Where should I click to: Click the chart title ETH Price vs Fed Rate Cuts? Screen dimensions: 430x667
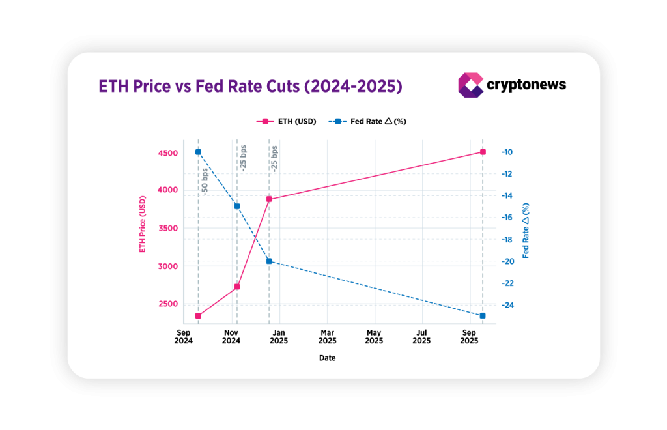tap(249, 86)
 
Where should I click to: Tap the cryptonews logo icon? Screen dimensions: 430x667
tap(470, 85)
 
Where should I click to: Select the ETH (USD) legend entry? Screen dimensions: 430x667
tap(287, 121)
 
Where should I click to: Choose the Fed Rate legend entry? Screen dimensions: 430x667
tap(369, 121)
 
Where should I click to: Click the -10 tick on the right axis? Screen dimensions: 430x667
tap(507, 152)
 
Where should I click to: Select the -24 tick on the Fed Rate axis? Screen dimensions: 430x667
tap(507, 305)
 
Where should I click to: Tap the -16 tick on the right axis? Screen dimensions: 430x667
tap(507, 218)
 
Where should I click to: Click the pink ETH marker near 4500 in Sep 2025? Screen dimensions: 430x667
tap(483, 152)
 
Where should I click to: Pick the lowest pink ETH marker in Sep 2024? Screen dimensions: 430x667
tap(198, 316)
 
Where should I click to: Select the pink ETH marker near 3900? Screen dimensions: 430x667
tap(269, 199)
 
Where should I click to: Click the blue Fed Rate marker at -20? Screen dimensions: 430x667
tap(269, 261)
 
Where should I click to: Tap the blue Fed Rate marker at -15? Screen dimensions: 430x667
tap(237, 207)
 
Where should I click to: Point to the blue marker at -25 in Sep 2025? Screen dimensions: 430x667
tap(483, 316)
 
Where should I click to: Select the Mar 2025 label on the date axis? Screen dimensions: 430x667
tap(327, 336)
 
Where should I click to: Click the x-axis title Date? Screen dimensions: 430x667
tap(327, 358)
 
